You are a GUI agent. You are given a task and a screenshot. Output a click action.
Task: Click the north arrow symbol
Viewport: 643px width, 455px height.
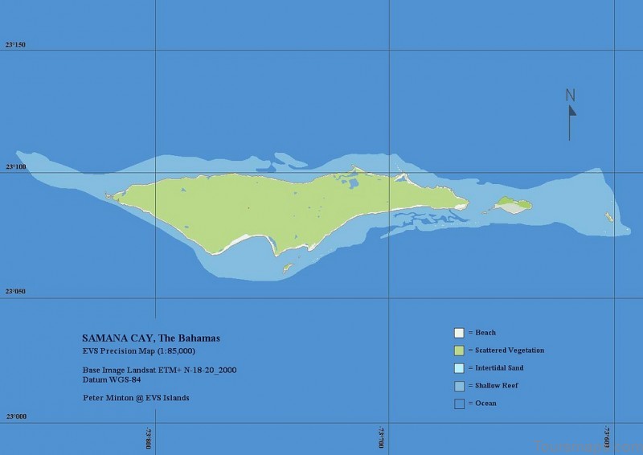point(571,121)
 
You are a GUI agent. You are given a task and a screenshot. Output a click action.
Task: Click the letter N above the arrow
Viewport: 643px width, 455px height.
point(571,95)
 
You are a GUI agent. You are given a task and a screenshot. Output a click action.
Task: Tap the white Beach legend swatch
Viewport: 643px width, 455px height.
point(459,333)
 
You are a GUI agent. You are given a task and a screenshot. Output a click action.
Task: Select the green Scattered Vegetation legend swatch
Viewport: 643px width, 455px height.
point(459,350)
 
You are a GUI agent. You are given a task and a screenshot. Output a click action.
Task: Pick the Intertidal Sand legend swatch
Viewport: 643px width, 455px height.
point(459,368)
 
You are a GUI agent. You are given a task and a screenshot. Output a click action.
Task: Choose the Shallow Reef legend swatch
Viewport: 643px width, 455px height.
point(459,386)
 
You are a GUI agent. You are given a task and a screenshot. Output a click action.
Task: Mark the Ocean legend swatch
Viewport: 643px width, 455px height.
point(459,404)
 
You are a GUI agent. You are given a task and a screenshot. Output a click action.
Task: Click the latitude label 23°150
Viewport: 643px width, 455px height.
point(16,44)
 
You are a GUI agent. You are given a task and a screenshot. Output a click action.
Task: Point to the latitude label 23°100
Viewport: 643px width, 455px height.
point(16,167)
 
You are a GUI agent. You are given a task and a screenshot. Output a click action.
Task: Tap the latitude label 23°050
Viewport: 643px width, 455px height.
point(16,292)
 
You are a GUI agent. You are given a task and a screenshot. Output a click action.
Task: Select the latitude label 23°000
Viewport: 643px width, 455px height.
point(16,416)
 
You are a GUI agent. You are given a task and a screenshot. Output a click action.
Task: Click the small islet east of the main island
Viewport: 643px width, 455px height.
point(512,205)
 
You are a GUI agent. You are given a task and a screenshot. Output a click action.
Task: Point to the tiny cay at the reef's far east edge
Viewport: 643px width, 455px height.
point(608,216)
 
